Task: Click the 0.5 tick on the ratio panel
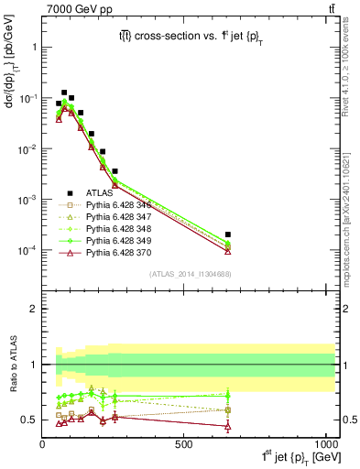point(30,420)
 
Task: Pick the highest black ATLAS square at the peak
point(64,93)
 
